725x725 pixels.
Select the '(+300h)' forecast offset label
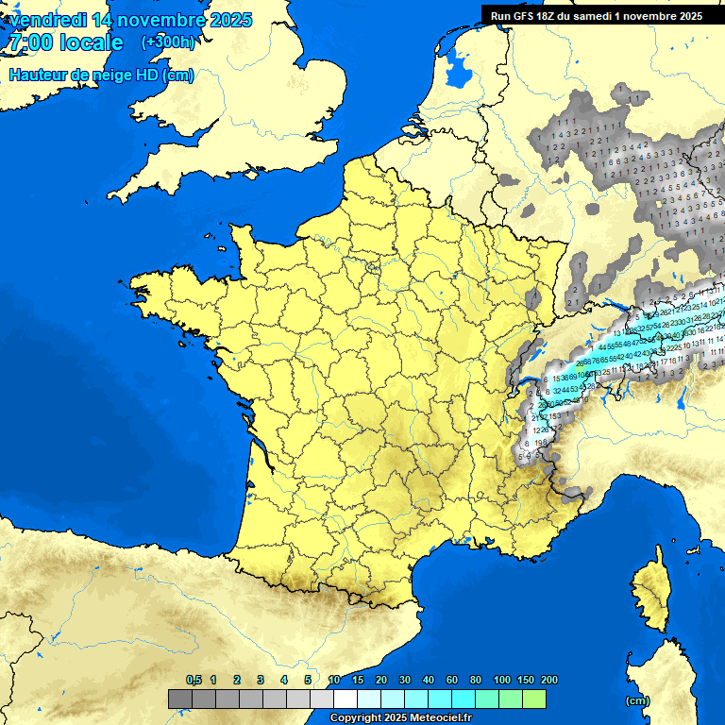[168, 42]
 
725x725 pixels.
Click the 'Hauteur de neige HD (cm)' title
[101, 75]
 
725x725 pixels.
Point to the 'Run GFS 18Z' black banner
[596, 15]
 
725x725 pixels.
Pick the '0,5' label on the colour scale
[194, 680]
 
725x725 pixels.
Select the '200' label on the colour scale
[548, 680]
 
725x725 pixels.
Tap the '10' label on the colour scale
[334, 680]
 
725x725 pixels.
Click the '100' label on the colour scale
[501, 680]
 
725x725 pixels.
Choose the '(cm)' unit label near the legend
[637, 700]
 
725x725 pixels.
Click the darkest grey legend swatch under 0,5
[180, 700]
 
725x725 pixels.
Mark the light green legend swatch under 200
[534, 700]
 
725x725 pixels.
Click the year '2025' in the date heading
[226, 20]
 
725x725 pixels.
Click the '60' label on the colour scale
[452, 680]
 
